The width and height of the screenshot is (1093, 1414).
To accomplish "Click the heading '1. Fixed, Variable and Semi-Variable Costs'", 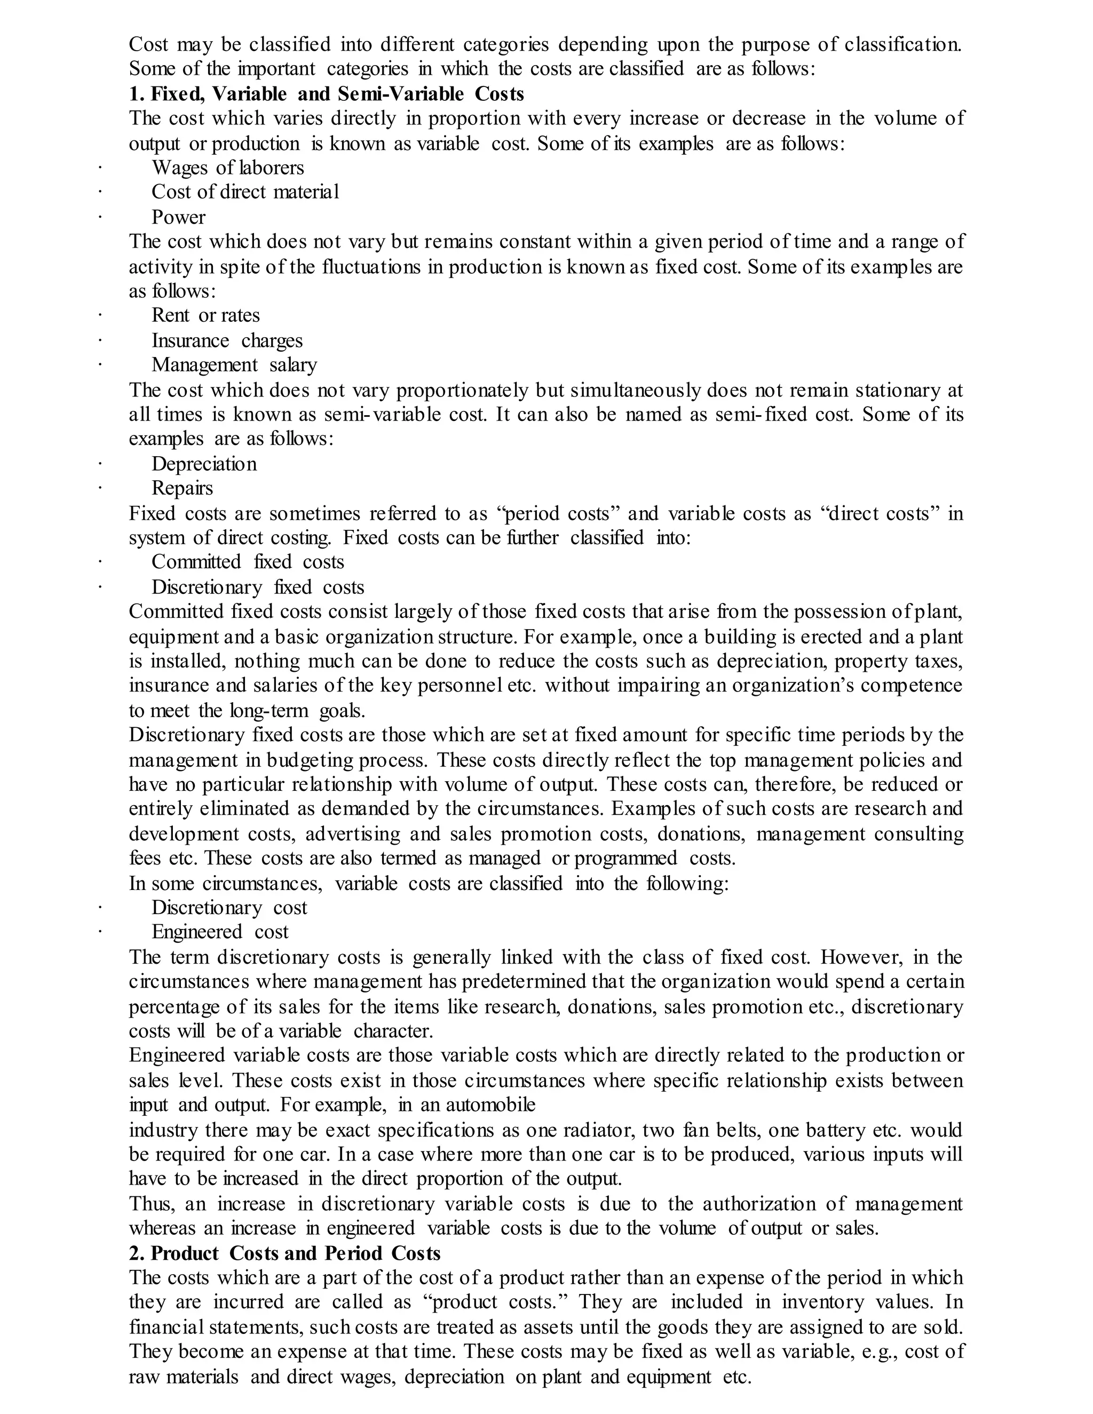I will pos(326,94).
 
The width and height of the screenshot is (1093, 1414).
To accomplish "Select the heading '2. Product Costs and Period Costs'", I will pos(284,1253).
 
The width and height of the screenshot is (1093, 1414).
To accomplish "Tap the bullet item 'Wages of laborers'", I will pos(227,168).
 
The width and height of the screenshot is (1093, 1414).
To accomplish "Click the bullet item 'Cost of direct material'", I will pos(245,192).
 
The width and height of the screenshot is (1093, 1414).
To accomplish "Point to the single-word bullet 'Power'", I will pos(178,218).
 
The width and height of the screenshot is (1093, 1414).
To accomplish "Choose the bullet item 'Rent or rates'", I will pos(205,316).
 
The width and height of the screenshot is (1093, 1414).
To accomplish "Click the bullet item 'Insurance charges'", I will pos(227,341).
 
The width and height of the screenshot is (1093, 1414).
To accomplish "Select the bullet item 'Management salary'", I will pos(234,365).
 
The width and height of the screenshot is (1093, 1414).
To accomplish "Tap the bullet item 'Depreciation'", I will pos(204,464).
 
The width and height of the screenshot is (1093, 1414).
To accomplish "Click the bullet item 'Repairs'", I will pos(182,488).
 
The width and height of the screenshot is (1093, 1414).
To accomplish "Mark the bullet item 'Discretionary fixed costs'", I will pos(258,587).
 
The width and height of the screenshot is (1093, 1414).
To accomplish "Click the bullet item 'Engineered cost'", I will pos(219,932).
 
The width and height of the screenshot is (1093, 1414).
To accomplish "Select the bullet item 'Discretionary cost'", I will pos(229,908).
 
